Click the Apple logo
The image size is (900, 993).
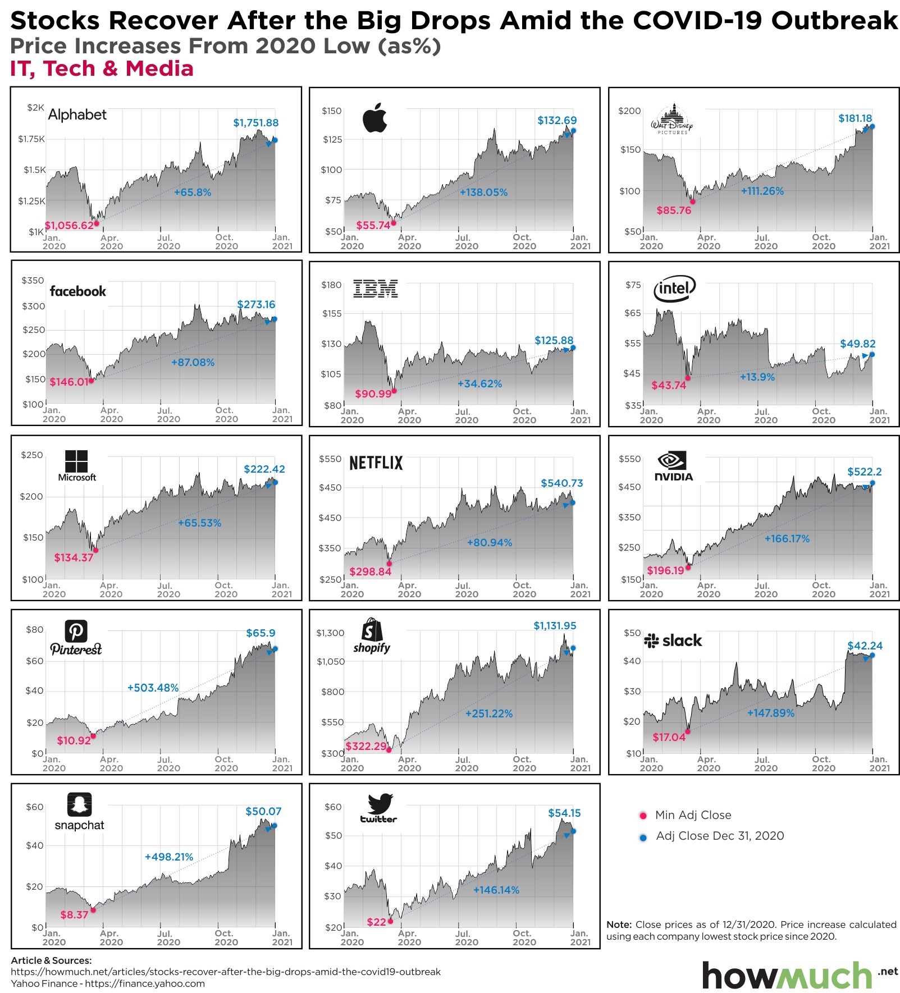tap(375, 117)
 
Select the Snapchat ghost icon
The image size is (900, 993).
tap(79, 804)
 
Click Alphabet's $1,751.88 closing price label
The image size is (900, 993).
tap(255, 122)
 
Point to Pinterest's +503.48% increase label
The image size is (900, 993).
tap(153, 688)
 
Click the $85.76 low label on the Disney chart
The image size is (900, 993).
tap(674, 211)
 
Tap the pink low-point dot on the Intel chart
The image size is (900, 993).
tap(688, 378)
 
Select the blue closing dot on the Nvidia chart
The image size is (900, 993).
tap(872, 483)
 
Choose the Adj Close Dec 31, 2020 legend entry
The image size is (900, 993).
tap(719, 836)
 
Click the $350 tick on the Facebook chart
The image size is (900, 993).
tap(33, 281)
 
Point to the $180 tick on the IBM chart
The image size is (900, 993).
tap(331, 285)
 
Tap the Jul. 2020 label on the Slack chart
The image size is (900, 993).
tap(765, 763)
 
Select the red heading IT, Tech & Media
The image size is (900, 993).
tap(102, 68)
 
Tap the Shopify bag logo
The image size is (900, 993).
tap(371, 630)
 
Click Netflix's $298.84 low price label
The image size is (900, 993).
tap(370, 571)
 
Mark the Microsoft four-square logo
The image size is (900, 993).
tap(76, 461)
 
